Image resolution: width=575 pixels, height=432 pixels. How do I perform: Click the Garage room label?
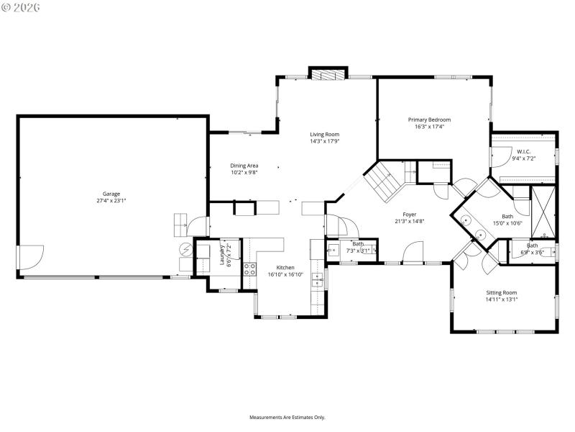click(x=111, y=193)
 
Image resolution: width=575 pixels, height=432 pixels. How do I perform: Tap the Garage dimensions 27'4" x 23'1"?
click(x=111, y=201)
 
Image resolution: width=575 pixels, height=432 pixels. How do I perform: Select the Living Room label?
click(x=324, y=134)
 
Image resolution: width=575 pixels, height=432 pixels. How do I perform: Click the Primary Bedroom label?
click(x=429, y=119)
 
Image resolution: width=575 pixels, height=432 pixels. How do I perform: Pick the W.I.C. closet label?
click(x=523, y=151)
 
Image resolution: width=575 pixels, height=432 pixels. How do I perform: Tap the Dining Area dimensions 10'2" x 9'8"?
click(x=244, y=173)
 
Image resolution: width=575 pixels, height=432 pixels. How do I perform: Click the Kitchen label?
click(x=285, y=266)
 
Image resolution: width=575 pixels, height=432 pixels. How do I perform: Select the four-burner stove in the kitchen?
click(x=249, y=269)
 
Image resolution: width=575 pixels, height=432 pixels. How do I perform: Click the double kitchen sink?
click(x=316, y=275)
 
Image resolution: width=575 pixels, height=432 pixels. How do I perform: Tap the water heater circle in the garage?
click(x=185, y=251)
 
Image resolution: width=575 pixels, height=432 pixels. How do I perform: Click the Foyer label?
click(x=409, y=214)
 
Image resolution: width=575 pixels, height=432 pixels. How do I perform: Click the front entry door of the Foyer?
click(x=412, y=253)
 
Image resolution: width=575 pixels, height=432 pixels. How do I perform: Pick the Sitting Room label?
click(x=501, y=292)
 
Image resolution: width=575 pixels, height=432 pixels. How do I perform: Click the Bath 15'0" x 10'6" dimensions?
click(x=507, y=223)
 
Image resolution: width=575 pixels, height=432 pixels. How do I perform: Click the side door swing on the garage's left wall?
click(x=30, y=256)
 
